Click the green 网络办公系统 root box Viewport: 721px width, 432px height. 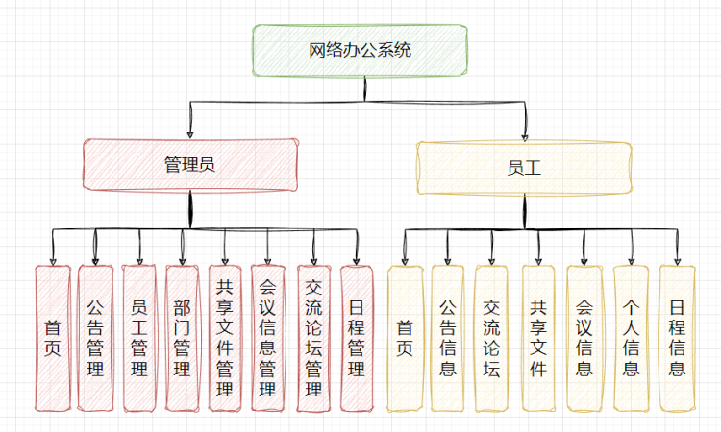[360, 51]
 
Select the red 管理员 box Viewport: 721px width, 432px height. [189, 165]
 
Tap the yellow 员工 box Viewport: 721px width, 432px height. [524, 167]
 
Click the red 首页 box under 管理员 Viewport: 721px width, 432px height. [53, 338]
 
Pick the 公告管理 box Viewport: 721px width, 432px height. [95, 338]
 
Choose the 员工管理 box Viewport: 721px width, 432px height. [139, 338]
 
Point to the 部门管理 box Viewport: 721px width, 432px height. [182, 338]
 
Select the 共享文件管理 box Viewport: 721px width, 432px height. [225, 338]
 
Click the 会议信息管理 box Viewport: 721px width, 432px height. [268, 338]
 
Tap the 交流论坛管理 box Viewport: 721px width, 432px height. [312, 338]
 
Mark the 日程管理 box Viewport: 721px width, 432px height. [356, 338]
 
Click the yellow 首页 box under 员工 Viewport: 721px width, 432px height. [405, 338]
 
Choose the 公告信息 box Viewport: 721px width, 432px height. [448, 338]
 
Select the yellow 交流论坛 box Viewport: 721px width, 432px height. [492, 338]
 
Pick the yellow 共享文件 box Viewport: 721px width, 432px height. [538, 338]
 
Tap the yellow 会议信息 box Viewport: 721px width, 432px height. [584, 338]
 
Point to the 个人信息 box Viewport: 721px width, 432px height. [631, 338]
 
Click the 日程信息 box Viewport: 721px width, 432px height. [677, 338]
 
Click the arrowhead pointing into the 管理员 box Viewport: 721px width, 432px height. [190, 133]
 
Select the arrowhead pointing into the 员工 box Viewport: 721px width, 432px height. [525, 135]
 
